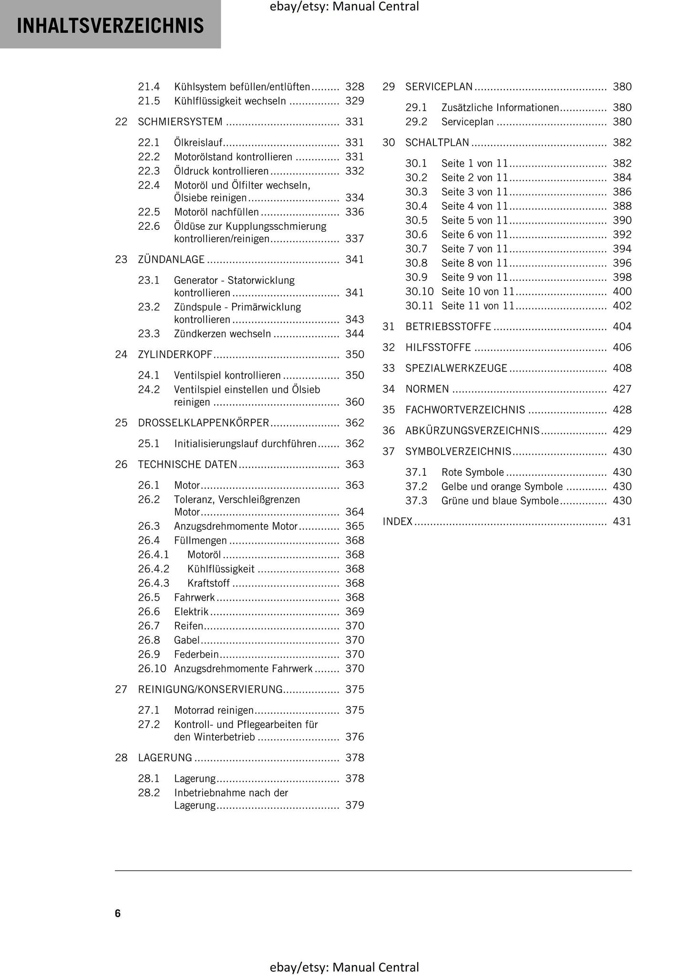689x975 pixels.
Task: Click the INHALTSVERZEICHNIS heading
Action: (110, 25)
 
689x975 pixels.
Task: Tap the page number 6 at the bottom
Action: (118, 913)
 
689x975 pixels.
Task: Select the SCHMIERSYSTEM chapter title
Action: (180, 122)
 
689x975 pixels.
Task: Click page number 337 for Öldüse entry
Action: (354, 238)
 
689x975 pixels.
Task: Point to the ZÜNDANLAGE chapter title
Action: (171, 259)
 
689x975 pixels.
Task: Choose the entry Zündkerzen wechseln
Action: (222, 334)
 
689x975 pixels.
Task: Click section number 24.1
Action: (148, 375)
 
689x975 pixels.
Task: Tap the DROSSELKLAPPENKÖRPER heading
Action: (204, 423)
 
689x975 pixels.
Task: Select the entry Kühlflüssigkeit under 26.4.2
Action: (221, 569)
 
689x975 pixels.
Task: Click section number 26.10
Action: (152, 668)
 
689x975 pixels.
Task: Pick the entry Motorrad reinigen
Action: (214, 710)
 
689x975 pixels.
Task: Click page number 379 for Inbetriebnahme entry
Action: (354, 805)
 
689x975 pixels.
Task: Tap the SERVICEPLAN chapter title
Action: (439, 87)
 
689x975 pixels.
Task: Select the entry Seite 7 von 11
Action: (474, 249)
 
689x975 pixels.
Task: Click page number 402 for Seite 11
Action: (622, 306)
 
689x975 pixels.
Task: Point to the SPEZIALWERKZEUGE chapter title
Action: (456, 368)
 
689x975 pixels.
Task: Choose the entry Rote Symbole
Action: (472, 472)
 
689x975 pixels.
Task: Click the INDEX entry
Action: (397, 522)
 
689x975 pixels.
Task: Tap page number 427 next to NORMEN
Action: (622, 389)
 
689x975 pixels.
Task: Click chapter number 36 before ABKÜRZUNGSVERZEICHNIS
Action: (389, 431)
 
